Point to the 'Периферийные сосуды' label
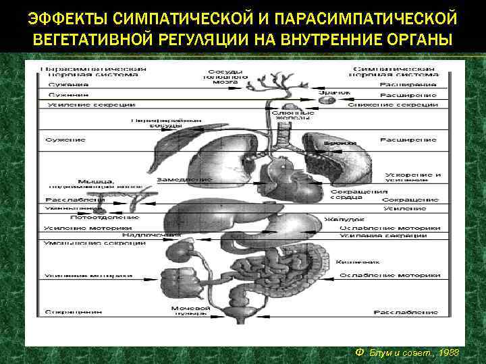pyautogui.click(x=157, y=123)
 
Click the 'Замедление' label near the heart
pyautogui.click(x=184, y=180)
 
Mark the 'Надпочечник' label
pyautogui.click(x=144, y=235)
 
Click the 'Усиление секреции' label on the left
pyautogui.click(x=73, y=104)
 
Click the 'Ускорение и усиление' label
pyautogui.click(x=413, y=177)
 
